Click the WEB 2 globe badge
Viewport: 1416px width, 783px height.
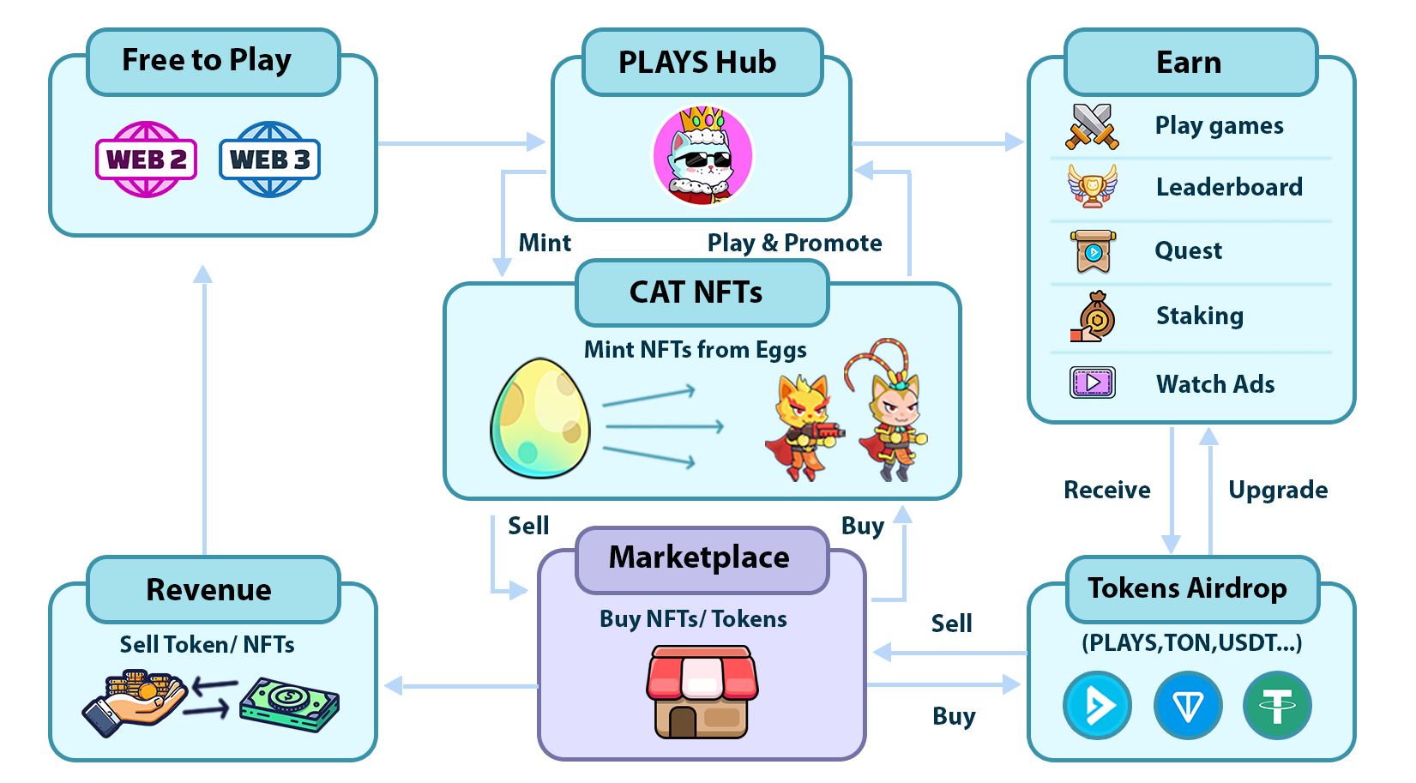[147, 160]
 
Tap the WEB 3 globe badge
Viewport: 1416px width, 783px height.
[269, 160]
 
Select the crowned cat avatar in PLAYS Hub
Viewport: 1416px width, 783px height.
[702, 156]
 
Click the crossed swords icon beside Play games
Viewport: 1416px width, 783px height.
[1092, 126]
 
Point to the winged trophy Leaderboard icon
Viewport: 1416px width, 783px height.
[1092, 186]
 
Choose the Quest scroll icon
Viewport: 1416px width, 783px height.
[1093, 251]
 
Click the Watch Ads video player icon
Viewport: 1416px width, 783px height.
[1093, 382]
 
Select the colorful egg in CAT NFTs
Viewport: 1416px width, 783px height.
[540, 419]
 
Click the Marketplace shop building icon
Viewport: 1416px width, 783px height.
[702, 692]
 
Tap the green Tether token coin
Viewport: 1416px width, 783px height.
[1277, 706]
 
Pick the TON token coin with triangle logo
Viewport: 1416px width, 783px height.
[1188, 706]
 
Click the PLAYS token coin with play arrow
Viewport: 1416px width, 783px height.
[1097, 706]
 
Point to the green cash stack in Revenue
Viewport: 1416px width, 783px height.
[290, 704]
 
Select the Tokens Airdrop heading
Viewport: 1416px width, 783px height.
[1188, 588]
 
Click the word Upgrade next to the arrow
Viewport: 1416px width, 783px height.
[1278, 490]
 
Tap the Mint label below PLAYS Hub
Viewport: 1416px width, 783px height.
[545, 243]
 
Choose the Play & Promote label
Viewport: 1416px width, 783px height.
[794, 243]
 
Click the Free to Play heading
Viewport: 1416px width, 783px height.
[207, 60]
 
